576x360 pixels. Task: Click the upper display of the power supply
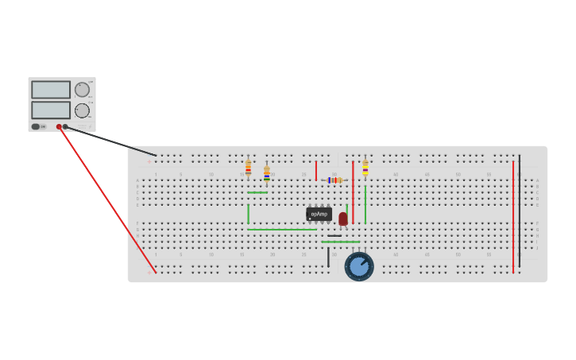coord(51,90)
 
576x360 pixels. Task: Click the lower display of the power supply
coord(51,110)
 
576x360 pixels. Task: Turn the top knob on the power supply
coord(82,90)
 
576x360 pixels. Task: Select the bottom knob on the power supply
coord(82,110)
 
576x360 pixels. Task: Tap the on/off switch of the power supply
coord(36,126)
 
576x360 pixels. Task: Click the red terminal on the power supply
coord(59,126)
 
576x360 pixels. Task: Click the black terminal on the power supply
coord(65,126)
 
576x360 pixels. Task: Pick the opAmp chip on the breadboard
coord(319,214)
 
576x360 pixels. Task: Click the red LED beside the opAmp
coord(343,219)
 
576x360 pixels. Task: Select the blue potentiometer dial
coord(359,266)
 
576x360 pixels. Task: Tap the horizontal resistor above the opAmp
coord(334,180)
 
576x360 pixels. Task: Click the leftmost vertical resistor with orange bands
coord(248,168)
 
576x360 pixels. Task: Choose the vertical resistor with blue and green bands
coord(267,174)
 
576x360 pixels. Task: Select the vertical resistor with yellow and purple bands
coord(365,168)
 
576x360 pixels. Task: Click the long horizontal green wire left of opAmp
coord(282,230)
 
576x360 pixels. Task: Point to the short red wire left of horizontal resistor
coord(316,170)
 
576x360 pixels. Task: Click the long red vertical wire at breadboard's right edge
coord(513,215)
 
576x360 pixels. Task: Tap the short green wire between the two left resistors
coord(257,192)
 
